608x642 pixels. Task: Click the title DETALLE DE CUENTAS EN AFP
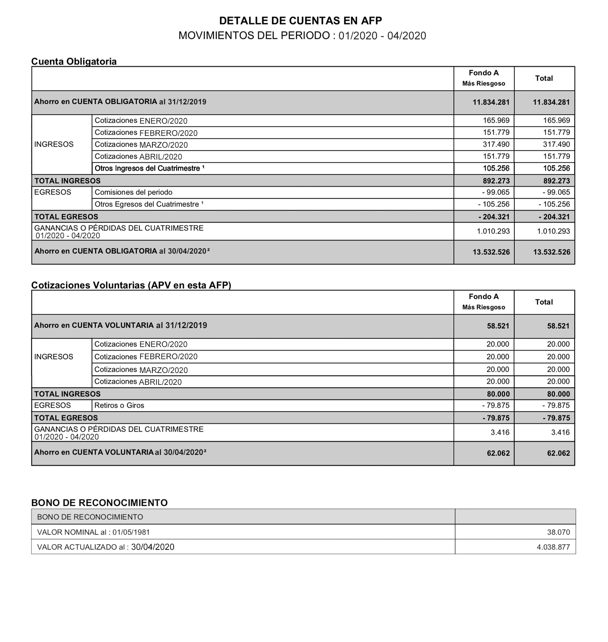(x=300, y=20)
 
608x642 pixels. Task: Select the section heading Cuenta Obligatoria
(x=74, y=61)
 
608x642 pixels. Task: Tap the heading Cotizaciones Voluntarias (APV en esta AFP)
(x=131, y=285)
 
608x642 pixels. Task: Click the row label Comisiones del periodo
(x=133, y=192)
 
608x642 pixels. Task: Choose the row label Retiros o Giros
(x=119, y=405)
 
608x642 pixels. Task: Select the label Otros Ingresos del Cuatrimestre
(x=149, y=169)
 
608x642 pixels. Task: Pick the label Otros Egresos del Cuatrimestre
(x=149, y=204)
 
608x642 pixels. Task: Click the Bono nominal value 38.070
(x=558, y=532)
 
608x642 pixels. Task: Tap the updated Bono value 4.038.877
(x=553, y=547)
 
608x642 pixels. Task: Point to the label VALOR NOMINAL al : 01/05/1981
(x=93, y=532)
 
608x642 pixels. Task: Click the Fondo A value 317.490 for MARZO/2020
(x=496, y=145)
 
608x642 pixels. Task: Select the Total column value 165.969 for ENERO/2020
(x=556, y=121)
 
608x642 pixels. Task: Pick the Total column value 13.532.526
(x=551, y=252)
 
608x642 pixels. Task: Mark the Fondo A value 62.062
(x=498, y=453)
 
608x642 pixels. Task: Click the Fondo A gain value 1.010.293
(x=493, y=231)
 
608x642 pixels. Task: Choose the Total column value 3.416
(x=560, y=432)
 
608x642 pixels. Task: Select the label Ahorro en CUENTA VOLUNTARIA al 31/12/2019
(x=120, y=325)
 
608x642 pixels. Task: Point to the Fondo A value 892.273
(x=496, y=181)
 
